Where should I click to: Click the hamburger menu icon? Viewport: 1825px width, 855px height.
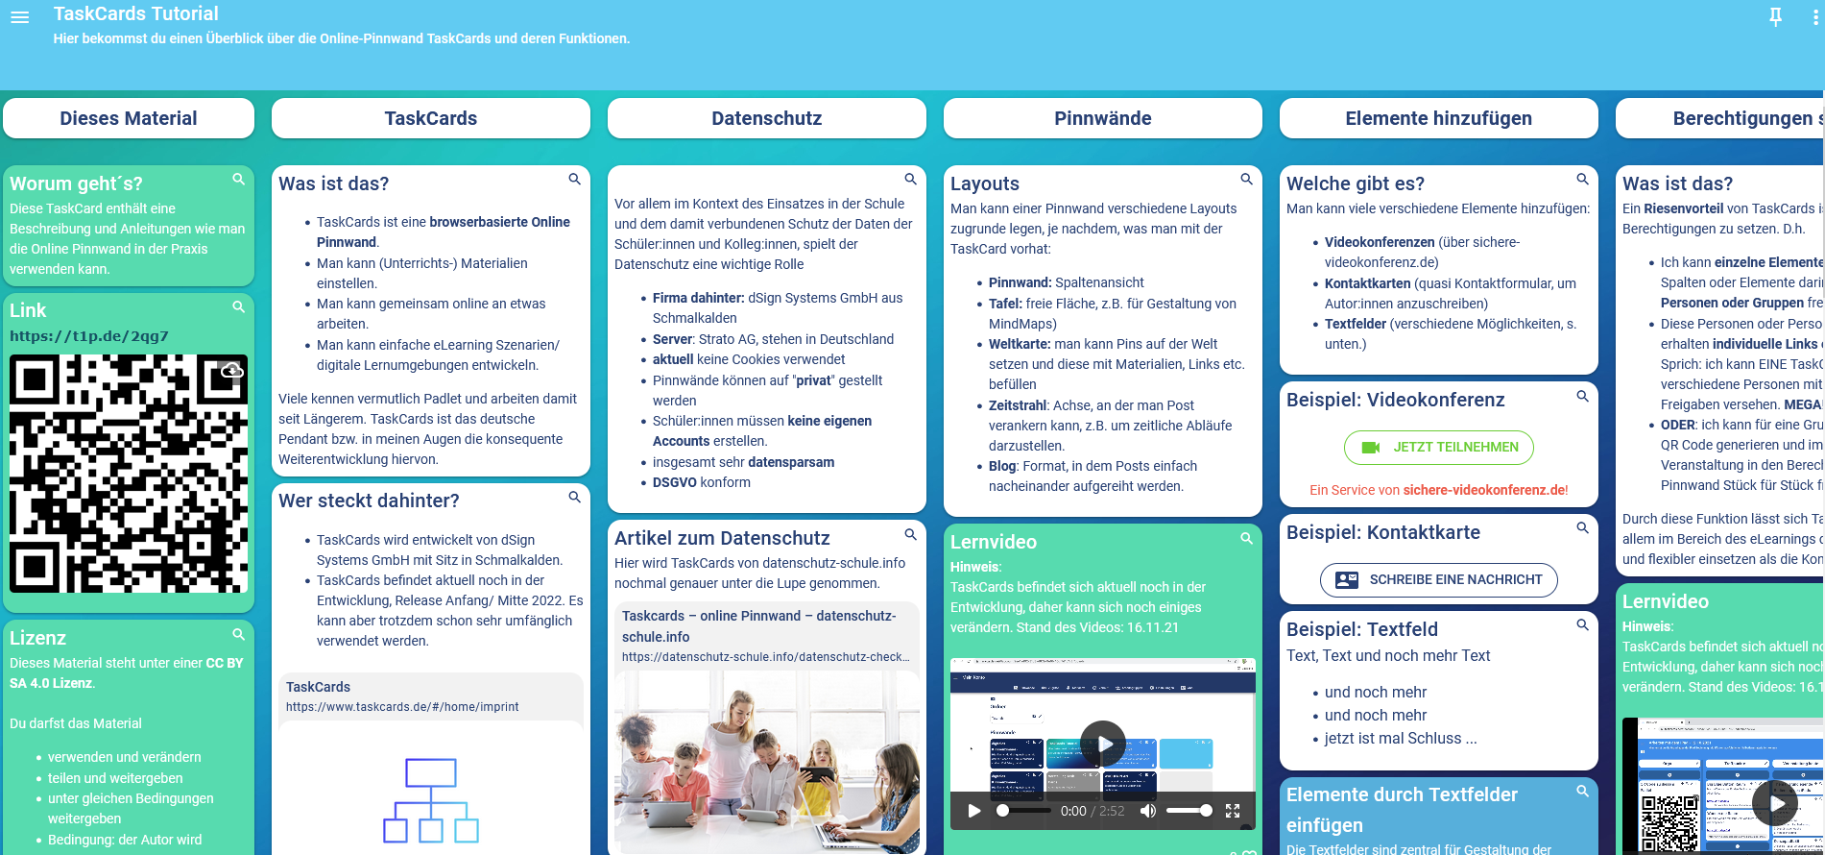tap(19, 17)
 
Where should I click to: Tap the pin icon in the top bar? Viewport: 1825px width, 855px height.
tap(1775, 16)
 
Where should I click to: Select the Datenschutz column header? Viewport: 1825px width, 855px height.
tap(766, 118)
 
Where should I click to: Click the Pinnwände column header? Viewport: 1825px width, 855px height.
tap(1102, 118)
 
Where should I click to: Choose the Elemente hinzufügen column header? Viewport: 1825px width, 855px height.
tap(1438, 118)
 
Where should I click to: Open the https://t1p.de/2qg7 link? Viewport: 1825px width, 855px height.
tap(88, 336)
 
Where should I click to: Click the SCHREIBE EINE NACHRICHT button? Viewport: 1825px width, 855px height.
tap(1438, 579)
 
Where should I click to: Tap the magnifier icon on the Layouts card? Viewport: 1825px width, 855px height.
tap(1246, 180)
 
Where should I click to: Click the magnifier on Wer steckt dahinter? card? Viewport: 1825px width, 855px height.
tap(574, 497)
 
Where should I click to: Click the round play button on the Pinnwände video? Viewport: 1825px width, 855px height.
tap(1103, 744)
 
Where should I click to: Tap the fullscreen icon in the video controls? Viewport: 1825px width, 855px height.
tap(1233, 811)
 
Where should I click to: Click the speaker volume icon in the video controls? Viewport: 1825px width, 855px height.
tap(1148, 811)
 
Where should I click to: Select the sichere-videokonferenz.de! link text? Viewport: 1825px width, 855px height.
tap(1485, 490)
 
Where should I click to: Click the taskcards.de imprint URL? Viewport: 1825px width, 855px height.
tap(402, 707)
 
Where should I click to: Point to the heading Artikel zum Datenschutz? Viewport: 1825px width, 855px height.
tap(722, 538)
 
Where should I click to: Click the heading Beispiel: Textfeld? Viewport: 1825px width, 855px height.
tap(1361, 629)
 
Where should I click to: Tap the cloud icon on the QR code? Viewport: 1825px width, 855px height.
tap(231, 371)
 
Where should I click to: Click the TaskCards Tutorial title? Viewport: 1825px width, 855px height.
tap(136, 13)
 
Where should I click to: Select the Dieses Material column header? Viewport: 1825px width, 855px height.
tap(129, 118)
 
